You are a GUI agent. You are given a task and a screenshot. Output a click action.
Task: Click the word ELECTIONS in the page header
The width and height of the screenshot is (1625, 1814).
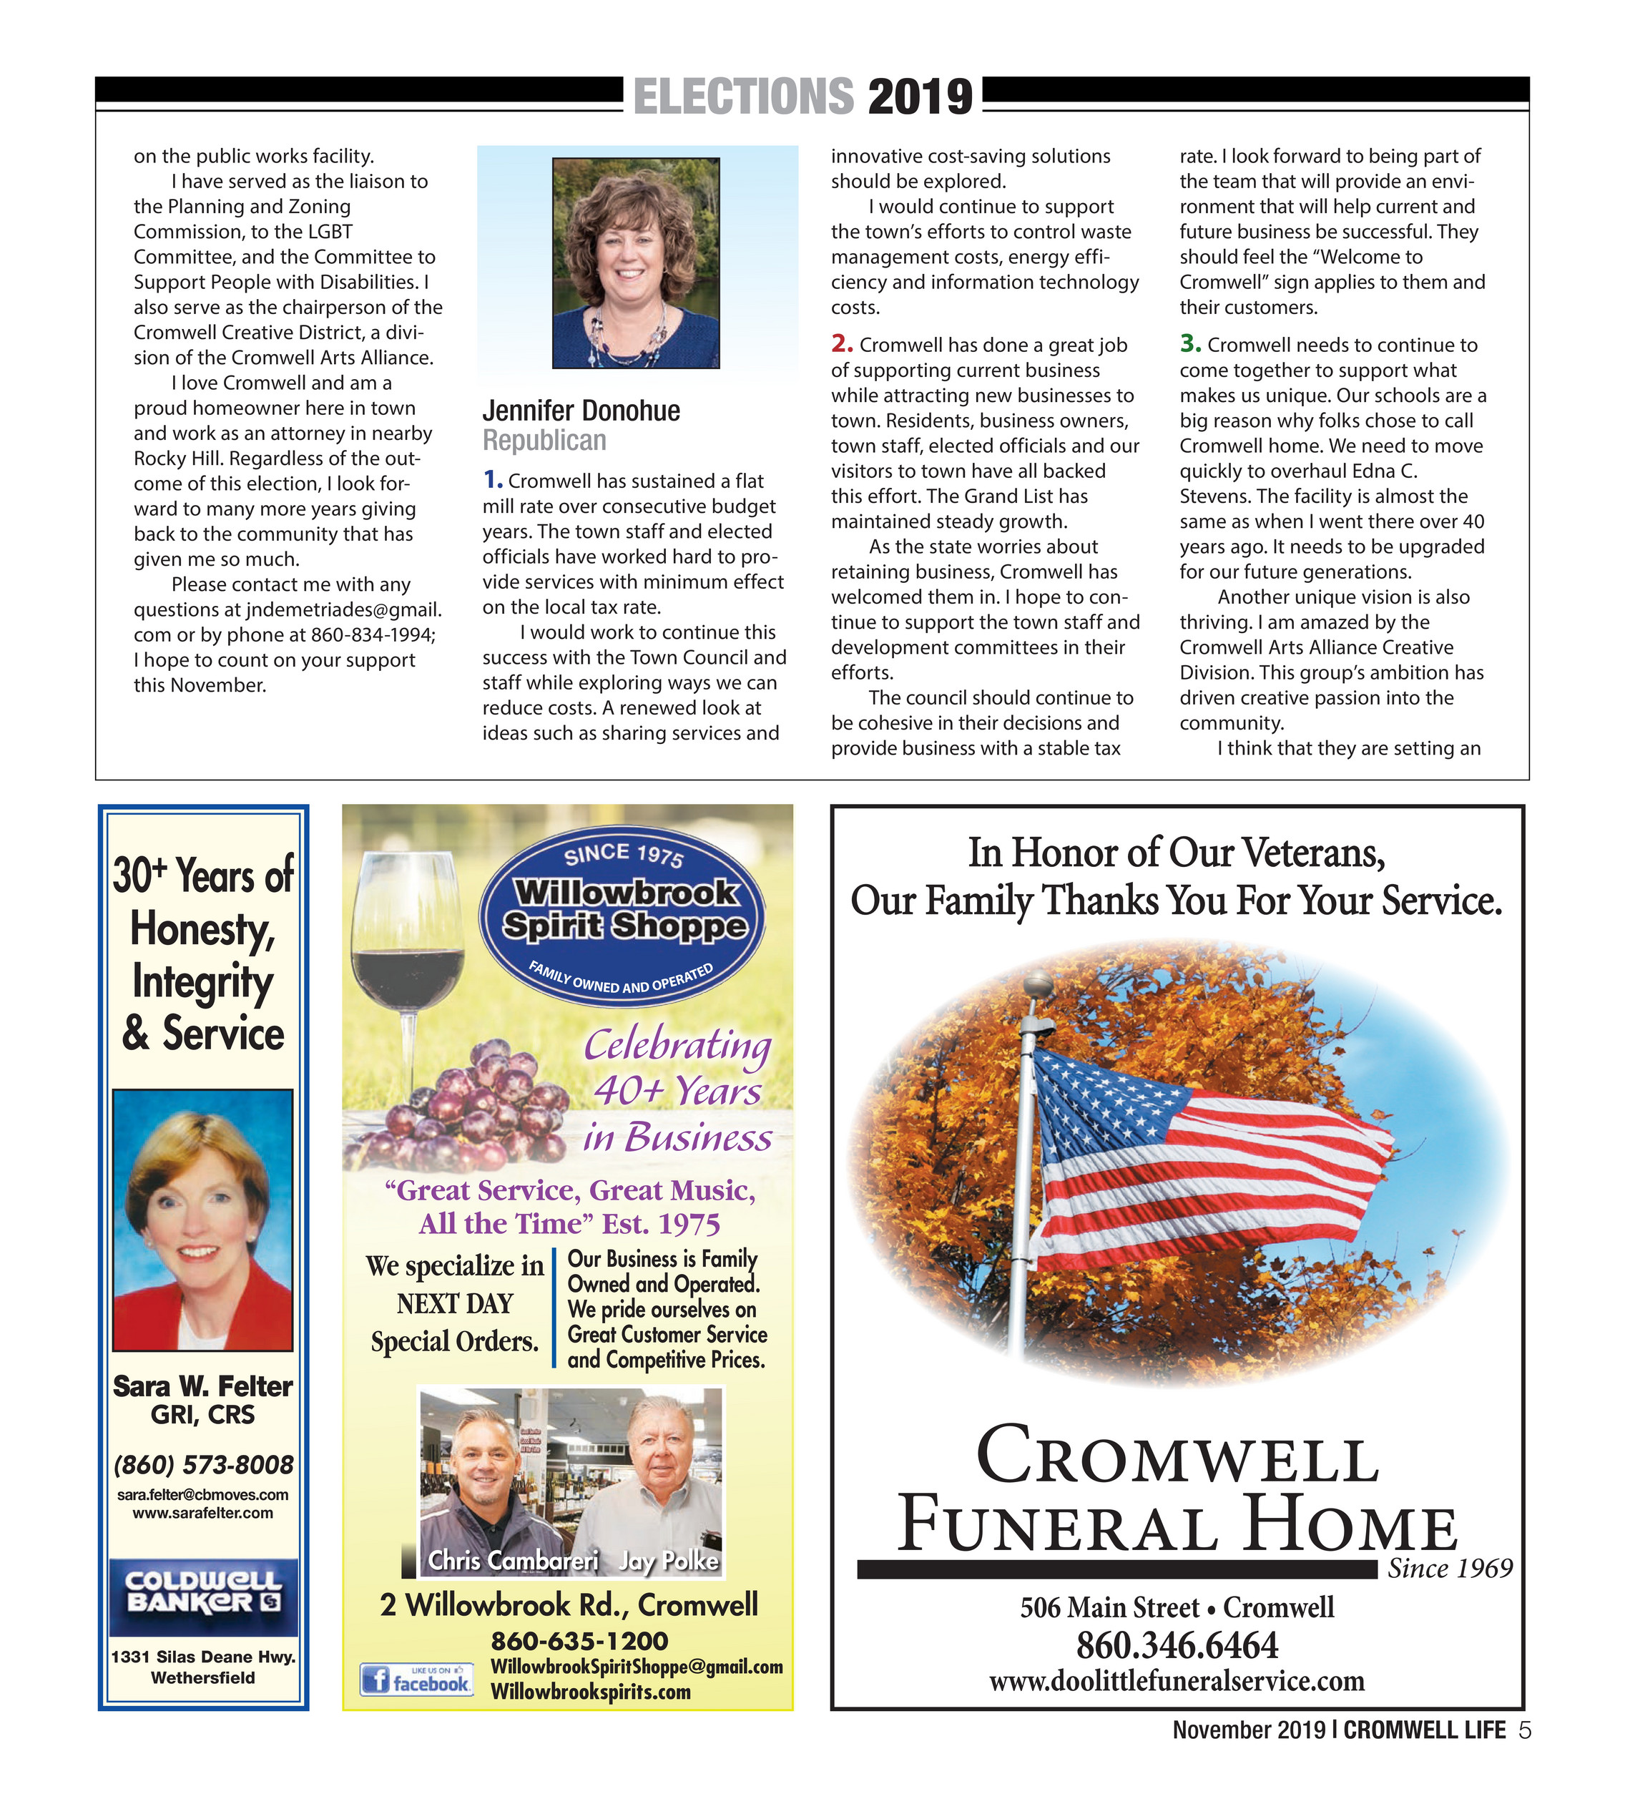tap(743, 97)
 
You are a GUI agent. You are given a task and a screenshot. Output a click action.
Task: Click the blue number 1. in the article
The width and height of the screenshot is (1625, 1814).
tap(492, 480)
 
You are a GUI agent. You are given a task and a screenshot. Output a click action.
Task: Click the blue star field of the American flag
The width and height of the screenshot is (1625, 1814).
tap(1103, 1098)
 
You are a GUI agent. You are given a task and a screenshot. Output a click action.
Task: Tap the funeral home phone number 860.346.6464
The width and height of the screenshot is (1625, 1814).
tap(1176, 1644)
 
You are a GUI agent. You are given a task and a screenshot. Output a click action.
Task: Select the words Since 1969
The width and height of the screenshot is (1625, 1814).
tap(1449, 1568)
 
